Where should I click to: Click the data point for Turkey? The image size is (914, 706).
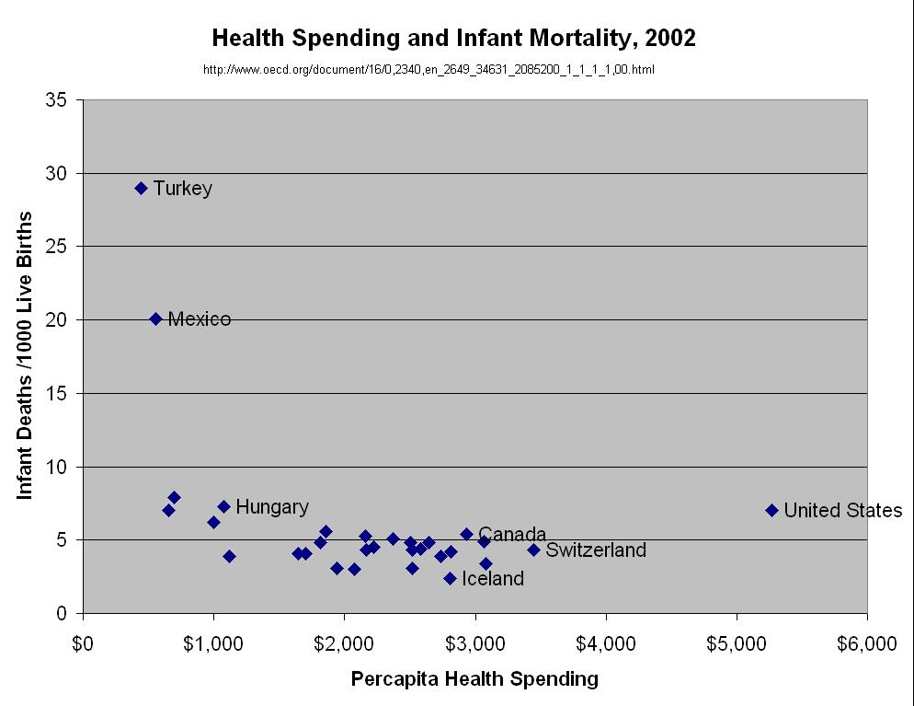(141, 188)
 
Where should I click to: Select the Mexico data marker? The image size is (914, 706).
(155, 318)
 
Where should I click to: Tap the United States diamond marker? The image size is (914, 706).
(771, 510)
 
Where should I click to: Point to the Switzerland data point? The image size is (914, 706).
(533, 550)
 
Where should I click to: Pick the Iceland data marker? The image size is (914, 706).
(450, 578)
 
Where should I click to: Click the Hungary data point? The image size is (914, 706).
(223, 506)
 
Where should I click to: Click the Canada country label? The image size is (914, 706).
(512, 534)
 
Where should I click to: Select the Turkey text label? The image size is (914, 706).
(182, 189)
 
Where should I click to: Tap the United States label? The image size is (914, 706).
(842, 511)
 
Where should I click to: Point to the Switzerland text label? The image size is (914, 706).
(596, 550)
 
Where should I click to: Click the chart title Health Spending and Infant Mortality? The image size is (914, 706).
(454, 38)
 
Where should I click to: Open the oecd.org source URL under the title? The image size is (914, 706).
(428, 69)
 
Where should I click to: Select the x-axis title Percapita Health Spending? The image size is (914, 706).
(474, 679)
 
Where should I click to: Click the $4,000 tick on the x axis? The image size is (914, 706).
(605, 642)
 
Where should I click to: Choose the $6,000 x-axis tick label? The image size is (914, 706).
(866, 642)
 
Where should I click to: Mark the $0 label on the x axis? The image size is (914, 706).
(83, 642)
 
